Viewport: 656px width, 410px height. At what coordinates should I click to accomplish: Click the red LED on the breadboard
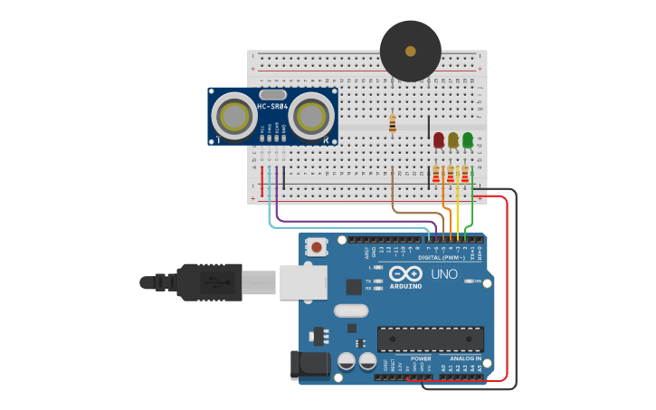[439, 139]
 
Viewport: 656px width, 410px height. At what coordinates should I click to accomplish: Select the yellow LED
[453, 139]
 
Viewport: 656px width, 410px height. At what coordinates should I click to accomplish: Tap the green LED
[468, 139]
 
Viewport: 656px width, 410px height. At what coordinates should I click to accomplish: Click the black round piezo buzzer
[411, 51]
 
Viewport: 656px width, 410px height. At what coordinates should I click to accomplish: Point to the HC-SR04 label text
[272, 107]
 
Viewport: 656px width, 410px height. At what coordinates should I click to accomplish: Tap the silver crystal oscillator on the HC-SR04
[272, 94]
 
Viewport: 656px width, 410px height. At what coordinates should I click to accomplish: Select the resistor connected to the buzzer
[392, 123]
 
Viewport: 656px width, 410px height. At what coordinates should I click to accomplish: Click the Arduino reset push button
[317, 246]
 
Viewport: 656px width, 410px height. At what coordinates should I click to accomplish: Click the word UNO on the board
[444, 273]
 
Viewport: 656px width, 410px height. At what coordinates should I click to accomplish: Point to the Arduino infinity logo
[405, 273]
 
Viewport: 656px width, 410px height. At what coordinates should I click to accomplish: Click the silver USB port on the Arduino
[301, 281]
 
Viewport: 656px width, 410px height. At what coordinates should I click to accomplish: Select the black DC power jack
[308, 365]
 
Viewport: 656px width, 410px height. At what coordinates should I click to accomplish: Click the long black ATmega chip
[431, 338]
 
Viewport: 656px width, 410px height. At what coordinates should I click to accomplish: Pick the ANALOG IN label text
[466, 358]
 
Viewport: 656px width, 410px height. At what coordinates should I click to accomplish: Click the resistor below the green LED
[465, 173]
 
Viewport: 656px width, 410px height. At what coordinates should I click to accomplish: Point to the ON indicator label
[476, 281]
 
